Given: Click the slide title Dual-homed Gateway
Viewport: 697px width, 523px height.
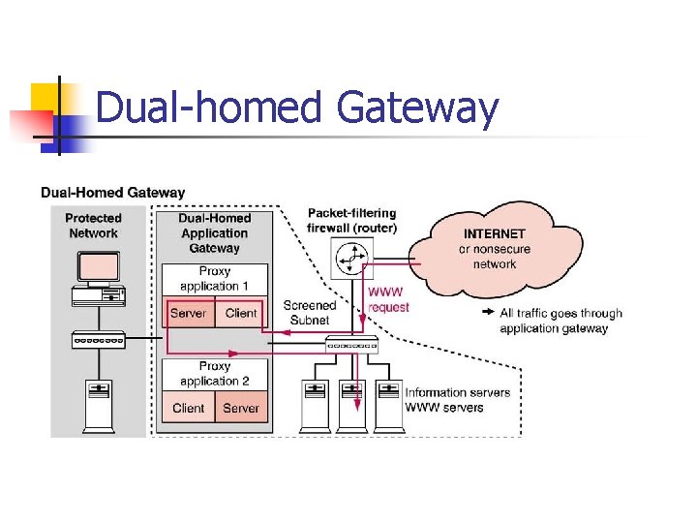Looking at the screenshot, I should tap(297, 108).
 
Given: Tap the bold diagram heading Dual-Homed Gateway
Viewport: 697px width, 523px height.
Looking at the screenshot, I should tap(113, 193).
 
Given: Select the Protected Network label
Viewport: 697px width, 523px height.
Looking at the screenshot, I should tap(93, 226).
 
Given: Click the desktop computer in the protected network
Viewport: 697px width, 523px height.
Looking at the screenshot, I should tap(98, 278).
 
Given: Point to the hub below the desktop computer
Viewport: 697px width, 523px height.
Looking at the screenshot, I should tap(99, 340).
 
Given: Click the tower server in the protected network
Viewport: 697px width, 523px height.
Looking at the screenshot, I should tap(99, 406).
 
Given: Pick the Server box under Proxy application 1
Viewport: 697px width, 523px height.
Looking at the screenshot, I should tap(188, 313).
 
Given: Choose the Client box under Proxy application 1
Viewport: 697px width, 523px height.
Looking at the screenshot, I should tap(241, 313).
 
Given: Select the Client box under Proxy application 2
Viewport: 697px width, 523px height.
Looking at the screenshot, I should tap(188, 408).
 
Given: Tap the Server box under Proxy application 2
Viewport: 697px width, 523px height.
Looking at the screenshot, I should tap(241, 408).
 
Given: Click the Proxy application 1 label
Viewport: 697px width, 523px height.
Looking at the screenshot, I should tap(215, 279).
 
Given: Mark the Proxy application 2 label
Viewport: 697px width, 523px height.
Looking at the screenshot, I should tap(215, 374).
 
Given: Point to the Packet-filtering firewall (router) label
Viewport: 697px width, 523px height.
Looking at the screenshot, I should tap(351, 220).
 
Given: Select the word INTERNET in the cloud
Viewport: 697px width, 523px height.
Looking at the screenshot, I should tap(494, 233).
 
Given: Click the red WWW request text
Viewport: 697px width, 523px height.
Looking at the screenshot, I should tap(388, 299).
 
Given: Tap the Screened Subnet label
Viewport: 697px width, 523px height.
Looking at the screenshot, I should tap(309, 312).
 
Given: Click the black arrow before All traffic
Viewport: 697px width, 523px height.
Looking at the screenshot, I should tap(488, 313).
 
